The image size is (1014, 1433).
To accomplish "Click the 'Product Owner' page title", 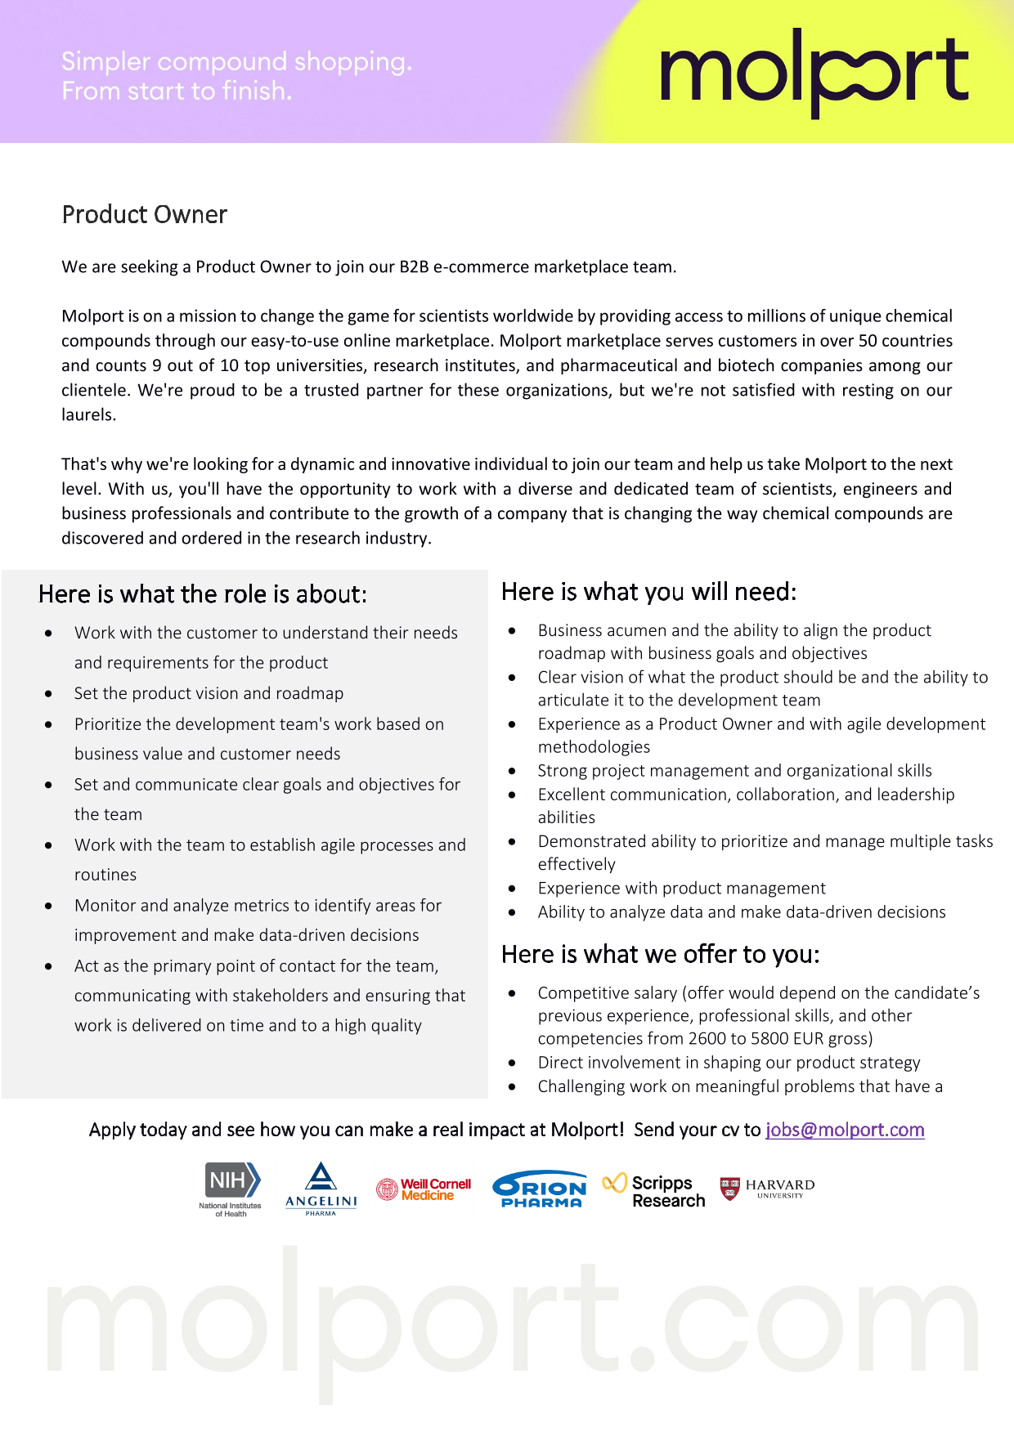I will pyautogui.click(x=145, y=215).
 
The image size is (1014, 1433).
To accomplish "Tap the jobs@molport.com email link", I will pyautogui.click(x=845, y=1130).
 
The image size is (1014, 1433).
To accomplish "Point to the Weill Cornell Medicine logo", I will pyautogui.click(x=424, y=1189).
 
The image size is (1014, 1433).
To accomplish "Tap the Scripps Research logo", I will pyautogui.click(x=654, y=1191).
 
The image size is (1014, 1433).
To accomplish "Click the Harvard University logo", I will pyautogui.click(x=767, y=1189).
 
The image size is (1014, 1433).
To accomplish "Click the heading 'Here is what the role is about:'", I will pyautogui.click(x=203, y=594).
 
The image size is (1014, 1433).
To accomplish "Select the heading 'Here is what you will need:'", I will pyautogui.click(x=648, y=592).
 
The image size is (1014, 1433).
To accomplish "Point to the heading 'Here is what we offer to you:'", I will pyautogui.click(x=660, y=955).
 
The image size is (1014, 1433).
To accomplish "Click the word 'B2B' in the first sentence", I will pyautogui.click(x=414, y=267).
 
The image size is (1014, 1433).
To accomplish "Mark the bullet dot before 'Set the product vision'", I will pyautogui.click(x=49, y=694).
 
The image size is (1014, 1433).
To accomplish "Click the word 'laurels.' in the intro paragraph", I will pyautogui.click(x=89, y=415).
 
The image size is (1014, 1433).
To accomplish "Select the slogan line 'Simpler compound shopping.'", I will pyautogui.click(x=236, y=61).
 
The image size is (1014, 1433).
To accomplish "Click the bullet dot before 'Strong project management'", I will pyautogui.click(x=512, y=771).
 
